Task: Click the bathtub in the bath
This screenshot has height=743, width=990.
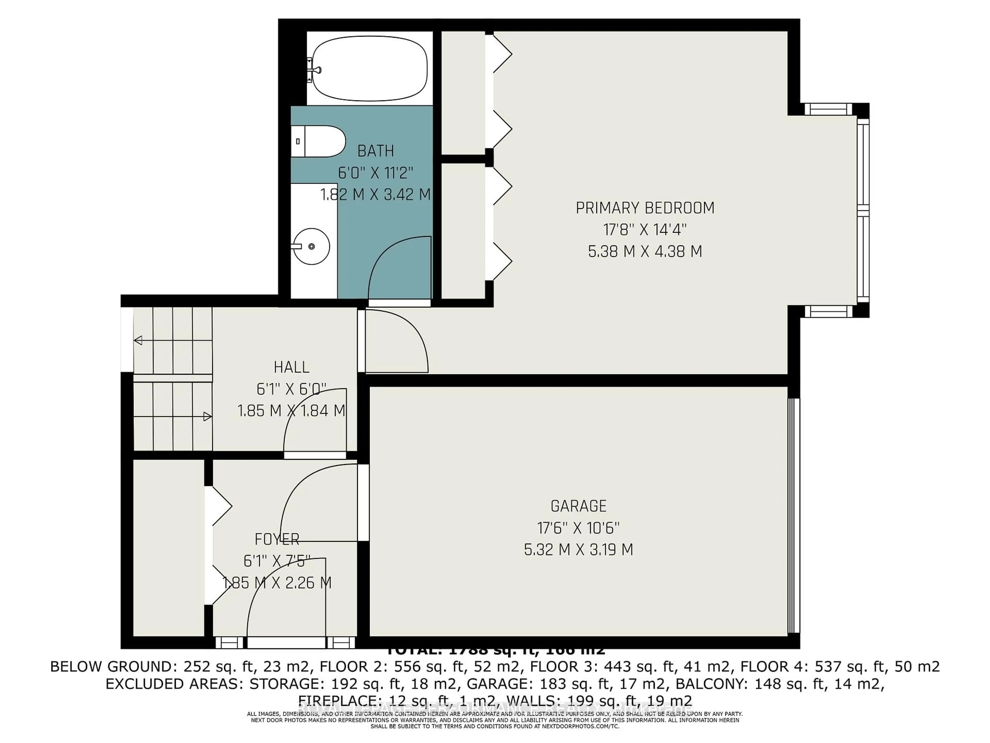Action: pos(369,69)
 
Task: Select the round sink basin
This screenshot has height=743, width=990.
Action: pos(311,246)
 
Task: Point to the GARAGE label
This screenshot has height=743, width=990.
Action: pos(578,506)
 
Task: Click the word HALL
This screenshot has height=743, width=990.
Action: pos(291,367)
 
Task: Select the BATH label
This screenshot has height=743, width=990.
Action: pos(375,151)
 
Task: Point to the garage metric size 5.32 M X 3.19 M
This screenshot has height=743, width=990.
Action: pos(578,550)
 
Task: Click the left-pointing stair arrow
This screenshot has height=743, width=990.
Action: pos(138,340)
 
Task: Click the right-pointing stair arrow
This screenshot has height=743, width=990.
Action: pos(207,416)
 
